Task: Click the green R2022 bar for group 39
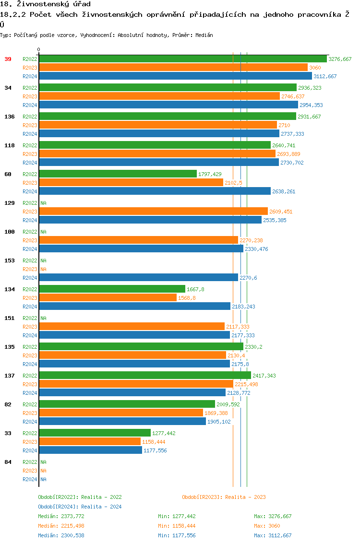(x=182, y=59)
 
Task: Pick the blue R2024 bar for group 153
(x=138, y=278)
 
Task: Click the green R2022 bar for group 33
(x=95, y=433)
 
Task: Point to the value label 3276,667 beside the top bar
(x=340, y=59)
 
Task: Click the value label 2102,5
(x=233, y=183)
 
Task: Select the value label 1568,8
(x=187, y=298)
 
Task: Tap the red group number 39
(x=8, y=59)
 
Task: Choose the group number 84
(x=8, y=462)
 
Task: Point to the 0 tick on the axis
(x=39, y=49)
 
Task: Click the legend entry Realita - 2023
(x=224, y=497)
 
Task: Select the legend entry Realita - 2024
(x=80, y=507)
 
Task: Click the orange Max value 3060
(x=274, y=526)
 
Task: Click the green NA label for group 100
(x=43, y=232)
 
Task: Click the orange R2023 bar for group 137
(x=136, y=384)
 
